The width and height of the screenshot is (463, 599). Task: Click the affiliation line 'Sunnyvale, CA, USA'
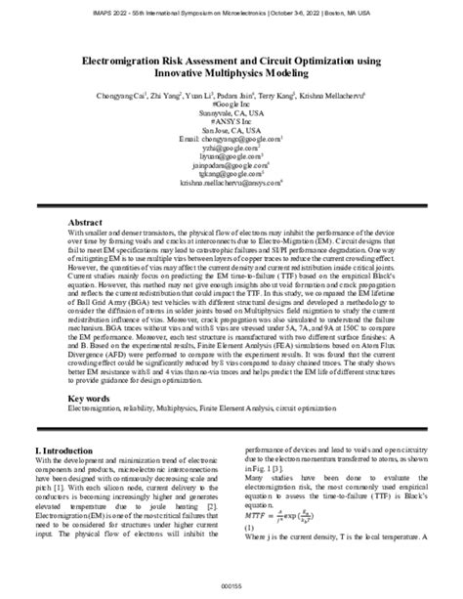pos(231,113)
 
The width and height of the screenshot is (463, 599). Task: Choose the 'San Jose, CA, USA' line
pos(231,130)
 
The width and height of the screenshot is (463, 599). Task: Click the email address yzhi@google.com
pos(231,148)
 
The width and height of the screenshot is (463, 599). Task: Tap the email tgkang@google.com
pos(231,174)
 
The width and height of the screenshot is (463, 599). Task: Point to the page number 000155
pos(231,584)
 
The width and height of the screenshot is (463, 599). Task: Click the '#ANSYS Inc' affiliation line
pos(231,121)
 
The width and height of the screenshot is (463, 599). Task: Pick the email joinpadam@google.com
pos(231,165)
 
